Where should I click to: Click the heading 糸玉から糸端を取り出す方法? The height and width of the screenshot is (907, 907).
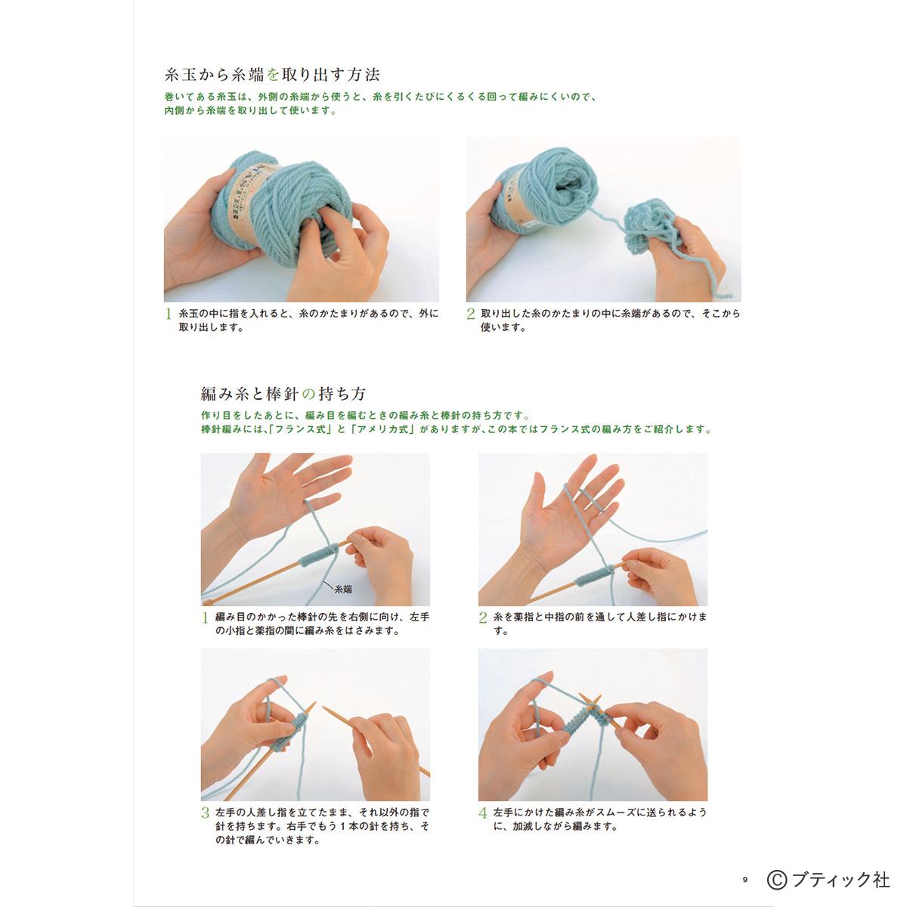[272, 75]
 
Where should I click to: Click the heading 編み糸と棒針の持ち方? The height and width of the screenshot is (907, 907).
[283, 394]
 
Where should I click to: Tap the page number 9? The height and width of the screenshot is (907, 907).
[745, 879]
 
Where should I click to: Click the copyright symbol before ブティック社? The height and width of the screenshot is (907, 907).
[777, 879]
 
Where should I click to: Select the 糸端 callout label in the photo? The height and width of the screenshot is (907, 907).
[342, 589]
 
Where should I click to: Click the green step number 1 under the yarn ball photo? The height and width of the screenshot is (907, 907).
[168, 314]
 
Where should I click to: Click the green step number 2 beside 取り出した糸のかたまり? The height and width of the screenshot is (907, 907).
[470, 314]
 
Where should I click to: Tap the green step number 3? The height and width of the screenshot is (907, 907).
[206, 813]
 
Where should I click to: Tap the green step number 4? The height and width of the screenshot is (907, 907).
[483, 813]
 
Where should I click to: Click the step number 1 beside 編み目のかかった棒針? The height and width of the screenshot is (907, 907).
[205, 618]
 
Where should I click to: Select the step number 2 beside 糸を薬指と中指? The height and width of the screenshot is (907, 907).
[483, 618]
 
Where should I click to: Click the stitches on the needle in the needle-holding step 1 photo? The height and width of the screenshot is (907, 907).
[319, 555]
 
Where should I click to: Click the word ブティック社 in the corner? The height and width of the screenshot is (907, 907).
[841, 880]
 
